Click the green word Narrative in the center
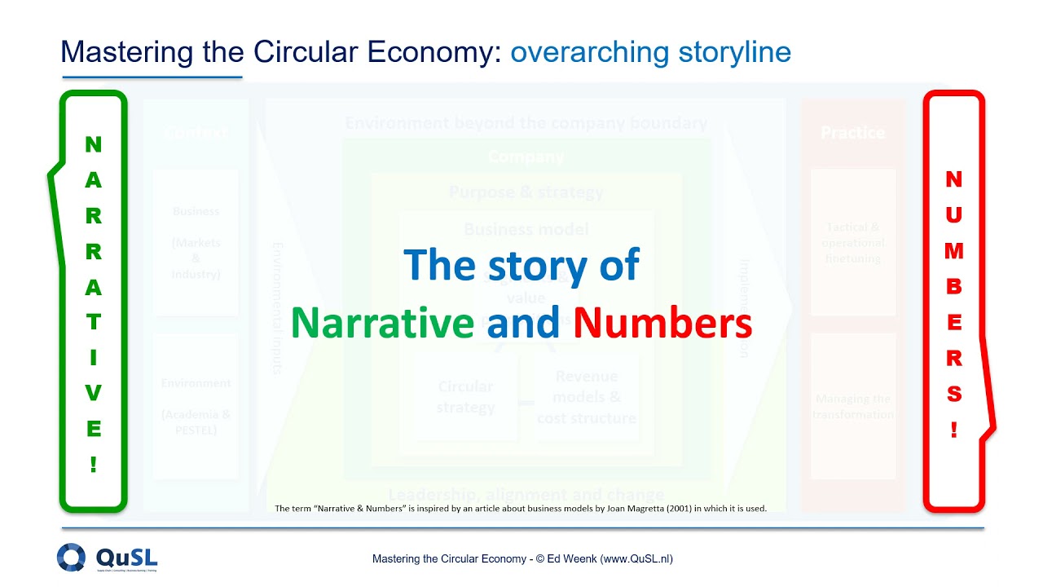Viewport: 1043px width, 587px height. point(382,324)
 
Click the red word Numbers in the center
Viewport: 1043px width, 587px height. point(662,324)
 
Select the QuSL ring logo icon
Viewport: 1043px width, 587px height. point(71,558)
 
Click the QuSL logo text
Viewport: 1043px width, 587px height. point(126,557)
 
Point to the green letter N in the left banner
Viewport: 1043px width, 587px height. point(94,145)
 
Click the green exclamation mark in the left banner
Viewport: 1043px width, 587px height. point(94,465)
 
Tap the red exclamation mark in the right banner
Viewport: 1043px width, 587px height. point(954,430)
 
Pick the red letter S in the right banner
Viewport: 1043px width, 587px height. point(954,395)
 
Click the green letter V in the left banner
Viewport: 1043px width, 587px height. point(94,393)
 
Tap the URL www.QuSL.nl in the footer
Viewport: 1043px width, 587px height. point(639,558)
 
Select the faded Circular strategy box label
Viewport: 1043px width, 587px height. point(465,396)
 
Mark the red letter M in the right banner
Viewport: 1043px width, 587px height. point(954,251)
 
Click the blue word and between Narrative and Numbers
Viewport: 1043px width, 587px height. point(523,324)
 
